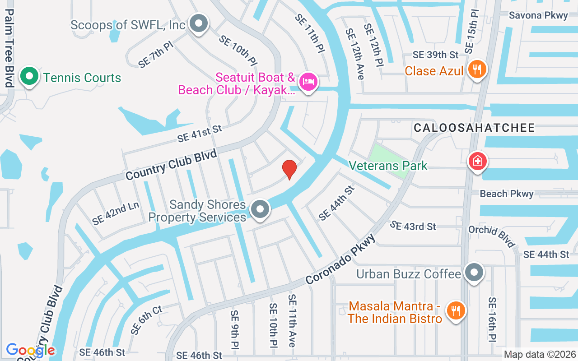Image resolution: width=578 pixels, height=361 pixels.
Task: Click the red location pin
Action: point(289,169)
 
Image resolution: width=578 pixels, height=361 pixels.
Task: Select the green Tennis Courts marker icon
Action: point(29,77)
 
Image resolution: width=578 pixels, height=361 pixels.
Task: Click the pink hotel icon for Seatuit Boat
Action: point(308,82)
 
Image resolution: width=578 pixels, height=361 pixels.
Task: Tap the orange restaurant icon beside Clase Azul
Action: point(476,69)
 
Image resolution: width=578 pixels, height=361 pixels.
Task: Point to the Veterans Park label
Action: point(388,166)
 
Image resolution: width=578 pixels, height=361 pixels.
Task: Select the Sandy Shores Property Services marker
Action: point(260,209)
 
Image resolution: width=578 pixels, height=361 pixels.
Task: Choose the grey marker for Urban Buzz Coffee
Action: point(474,273)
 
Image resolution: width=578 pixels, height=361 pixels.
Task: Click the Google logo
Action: point(31,350)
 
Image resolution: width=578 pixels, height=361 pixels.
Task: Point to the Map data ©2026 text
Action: point(540,354)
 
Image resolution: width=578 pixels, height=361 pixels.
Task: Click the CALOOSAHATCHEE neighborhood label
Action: point(474,128)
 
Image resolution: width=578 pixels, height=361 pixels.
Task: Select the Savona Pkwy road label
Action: point(538,15)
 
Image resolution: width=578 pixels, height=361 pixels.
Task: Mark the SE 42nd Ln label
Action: point(115,213)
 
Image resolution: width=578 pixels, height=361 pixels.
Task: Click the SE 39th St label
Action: point(435,55)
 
